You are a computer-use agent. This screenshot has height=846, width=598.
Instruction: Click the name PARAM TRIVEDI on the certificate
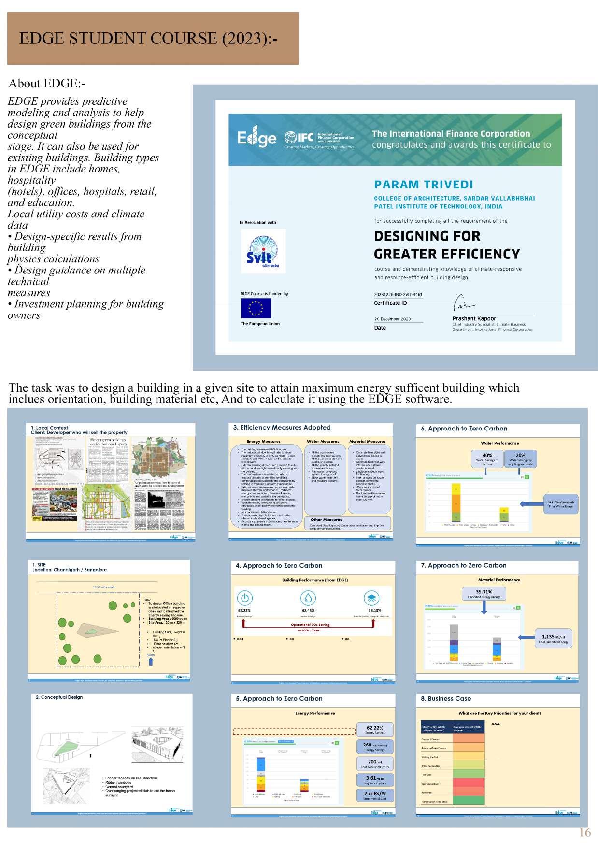click(x=424, y=185)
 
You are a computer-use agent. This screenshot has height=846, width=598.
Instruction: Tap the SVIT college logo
click(x=263, y=251)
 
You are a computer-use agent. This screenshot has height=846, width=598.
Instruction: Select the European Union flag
click(x=256, y=308)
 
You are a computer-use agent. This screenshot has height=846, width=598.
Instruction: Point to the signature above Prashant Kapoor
click(x=463, y=304)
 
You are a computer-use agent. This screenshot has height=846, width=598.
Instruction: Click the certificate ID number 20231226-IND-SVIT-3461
click(x=398, y=294)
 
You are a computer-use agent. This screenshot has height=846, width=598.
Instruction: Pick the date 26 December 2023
click(x=392, y=319)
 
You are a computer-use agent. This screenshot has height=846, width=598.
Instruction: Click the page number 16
click(x=584, y=832)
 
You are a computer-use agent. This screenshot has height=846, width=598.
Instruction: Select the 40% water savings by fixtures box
click(x=487, y=459)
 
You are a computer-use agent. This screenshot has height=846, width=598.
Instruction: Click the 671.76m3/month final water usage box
click(x=560, y=504)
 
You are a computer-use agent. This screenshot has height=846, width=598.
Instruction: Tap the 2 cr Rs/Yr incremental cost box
click(x=375, y=795)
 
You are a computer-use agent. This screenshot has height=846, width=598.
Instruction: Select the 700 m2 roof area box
click(x=375, y=764)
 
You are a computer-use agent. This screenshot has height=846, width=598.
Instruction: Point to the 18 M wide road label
click(x=103, y=587)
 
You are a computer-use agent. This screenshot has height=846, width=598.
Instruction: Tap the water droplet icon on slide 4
click(x=308, y=598)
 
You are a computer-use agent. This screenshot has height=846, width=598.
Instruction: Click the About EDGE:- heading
click(x=47, y=84)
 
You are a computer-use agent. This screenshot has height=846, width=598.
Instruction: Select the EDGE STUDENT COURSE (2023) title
click(x=148, y=38)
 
